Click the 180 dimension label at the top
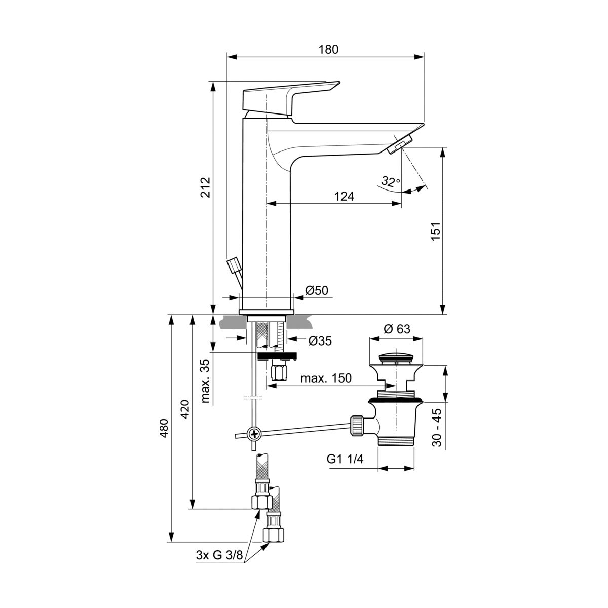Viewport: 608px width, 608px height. (328, 49)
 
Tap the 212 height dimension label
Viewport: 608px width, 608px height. (205, 187)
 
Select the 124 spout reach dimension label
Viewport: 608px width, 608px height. (344, 196)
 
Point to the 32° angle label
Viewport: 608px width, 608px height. (390, 181)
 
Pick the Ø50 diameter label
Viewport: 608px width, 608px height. (317, 290)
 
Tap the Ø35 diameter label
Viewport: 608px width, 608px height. (320, 341)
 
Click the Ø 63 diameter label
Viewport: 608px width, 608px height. (397, 329)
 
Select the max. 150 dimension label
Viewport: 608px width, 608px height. (326, 378)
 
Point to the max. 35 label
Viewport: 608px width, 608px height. (205, 381)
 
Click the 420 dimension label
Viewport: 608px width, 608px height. (185, 409)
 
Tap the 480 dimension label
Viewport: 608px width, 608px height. (164, 428)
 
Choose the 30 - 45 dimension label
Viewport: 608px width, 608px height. (437, 427)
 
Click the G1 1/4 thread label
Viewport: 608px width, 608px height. (345, 459)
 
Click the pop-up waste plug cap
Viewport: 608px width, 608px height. (396, 358)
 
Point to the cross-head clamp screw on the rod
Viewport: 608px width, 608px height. (254, 434)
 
